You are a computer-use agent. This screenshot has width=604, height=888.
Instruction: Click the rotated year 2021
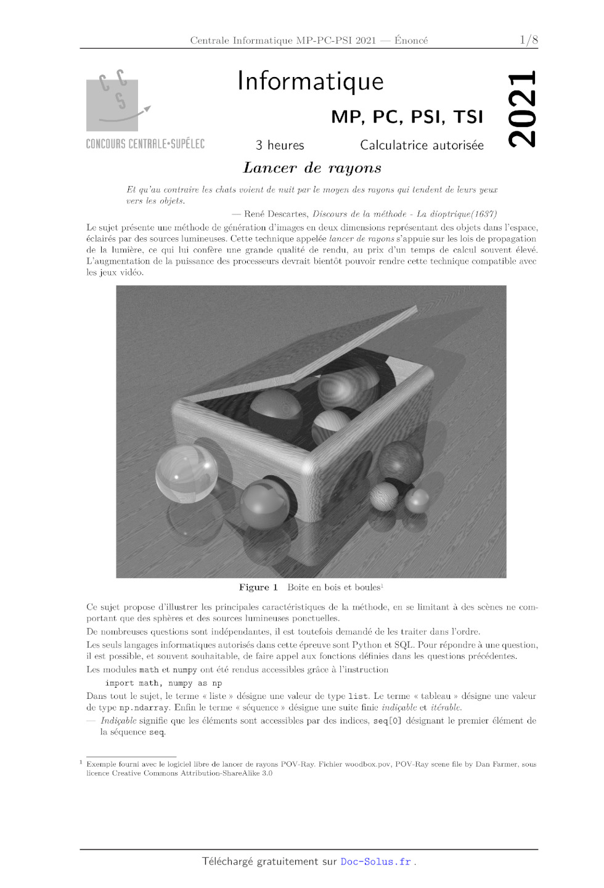click(522, 110)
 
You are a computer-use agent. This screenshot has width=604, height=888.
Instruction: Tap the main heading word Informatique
click(310, 81)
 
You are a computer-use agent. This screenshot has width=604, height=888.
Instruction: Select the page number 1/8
click(528, 40)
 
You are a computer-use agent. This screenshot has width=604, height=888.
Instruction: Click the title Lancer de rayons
click(312, 168)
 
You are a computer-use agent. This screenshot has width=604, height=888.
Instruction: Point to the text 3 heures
click(280, 145)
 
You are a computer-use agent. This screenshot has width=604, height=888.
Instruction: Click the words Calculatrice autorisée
click(422, 145)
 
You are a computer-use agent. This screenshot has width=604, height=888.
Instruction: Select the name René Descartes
click(275, 214)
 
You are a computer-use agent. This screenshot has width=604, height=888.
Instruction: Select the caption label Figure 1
click(258, 587)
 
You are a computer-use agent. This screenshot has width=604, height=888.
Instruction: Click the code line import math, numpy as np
click(163, 683)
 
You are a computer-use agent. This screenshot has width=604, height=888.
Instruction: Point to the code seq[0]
click(387, 721)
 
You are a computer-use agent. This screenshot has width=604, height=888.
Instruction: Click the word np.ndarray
click(142, 708)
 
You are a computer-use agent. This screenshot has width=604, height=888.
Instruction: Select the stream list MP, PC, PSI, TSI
click(407, 117)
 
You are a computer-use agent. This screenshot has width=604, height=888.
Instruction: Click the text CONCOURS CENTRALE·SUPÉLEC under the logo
click(145, 144)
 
